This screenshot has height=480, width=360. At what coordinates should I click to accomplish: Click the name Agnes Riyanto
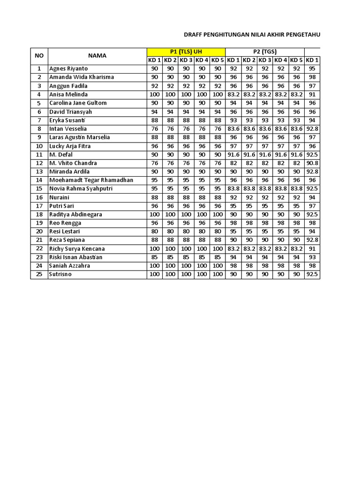pos(68,68)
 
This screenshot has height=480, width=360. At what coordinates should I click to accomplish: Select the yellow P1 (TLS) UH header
pos(186,52)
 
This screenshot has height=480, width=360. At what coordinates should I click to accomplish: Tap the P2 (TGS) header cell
pos(265,52)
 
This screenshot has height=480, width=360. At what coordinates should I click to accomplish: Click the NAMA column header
pos(97,55)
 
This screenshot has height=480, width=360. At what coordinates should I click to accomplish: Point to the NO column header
pos(39,55)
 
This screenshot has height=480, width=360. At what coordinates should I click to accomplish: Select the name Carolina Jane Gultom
pos(78,103)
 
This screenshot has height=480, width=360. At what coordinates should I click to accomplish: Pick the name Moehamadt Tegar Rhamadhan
pos(91,180)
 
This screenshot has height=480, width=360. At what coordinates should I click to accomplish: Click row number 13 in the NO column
pos(39,172)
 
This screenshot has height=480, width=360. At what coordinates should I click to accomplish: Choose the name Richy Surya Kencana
pos(77,248)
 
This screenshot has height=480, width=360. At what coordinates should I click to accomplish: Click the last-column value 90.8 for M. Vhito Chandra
pos(312,163)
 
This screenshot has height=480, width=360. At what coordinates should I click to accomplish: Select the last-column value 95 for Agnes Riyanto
pos(312,68)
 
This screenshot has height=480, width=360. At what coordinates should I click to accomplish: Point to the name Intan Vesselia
pos(68,128)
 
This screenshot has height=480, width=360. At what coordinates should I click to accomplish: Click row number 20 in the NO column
pos(39,231)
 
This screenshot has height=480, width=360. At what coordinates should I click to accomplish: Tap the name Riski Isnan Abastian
pos(76,257)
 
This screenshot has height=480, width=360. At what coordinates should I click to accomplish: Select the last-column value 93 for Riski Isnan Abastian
pos(312,257)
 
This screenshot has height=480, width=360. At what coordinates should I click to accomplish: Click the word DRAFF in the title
pos(192,35)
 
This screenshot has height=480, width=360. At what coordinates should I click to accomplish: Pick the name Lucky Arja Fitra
pos(70,146)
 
